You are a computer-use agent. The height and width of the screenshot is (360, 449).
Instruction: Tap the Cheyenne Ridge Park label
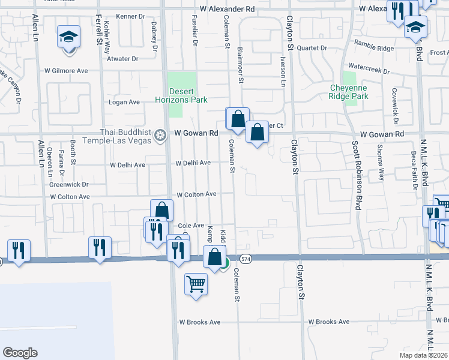(x=349, y=92)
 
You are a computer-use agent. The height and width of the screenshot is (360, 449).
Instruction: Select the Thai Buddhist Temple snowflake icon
(x=160, y=134)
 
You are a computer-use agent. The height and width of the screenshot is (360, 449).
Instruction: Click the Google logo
(x=19, y=353)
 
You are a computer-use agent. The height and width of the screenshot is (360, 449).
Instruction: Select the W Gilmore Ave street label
(x=66, y=71)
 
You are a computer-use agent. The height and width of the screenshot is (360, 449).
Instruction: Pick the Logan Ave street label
(x=124, y=102)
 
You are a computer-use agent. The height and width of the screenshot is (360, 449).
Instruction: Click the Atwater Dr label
(x=122, y=59)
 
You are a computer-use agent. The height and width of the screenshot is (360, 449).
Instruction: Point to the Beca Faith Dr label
(x=414, y=169)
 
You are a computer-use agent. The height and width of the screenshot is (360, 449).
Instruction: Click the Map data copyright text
(x=424, y=354)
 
